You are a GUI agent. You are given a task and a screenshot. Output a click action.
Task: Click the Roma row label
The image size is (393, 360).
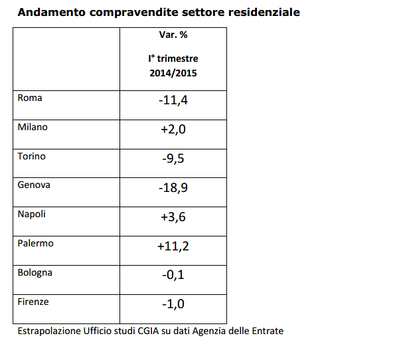tap(30, 98)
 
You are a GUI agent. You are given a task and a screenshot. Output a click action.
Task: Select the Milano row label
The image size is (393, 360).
tap(33, 127)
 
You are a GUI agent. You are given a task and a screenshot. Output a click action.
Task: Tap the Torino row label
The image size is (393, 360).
tap(31, 156)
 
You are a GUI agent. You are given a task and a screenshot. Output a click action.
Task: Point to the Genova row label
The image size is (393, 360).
tap(34, 185)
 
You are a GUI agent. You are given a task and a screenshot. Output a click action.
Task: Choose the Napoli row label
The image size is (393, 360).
tap(32, 214)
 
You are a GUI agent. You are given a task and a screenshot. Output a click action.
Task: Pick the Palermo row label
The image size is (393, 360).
tap(35, 243)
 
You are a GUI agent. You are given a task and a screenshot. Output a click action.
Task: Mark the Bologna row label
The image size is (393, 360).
tap(35, 272)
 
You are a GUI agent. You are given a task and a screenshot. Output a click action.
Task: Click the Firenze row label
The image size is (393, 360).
tap(33, 302)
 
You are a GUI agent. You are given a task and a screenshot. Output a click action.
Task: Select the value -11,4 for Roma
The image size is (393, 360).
tap(173, 100)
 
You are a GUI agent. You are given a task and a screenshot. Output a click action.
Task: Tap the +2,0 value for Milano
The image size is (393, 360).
tap(173, 130)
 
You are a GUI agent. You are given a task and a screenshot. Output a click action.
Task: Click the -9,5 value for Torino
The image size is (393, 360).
tap(173, 159)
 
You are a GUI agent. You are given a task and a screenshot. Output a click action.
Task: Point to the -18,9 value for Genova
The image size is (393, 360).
tap(173, 188)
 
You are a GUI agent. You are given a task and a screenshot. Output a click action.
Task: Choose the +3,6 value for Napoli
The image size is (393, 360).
tap(173, 217)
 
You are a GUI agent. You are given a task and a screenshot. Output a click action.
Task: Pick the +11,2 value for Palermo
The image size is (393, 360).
tap(173, 246)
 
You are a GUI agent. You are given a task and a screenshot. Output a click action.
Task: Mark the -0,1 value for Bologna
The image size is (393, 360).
tap(173, 276)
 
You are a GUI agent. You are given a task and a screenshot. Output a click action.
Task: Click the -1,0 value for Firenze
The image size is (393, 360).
tap(173, 305)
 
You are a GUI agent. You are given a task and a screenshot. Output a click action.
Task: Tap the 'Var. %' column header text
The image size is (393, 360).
tap(173, 35)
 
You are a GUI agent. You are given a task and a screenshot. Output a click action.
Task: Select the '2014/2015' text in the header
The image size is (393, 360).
tap(173, 73)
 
